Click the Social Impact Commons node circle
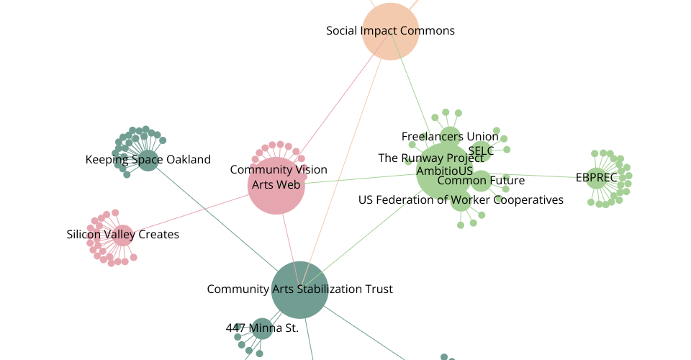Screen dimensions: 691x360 pos(390,31)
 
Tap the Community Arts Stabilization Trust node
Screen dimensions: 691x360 pos(299,290)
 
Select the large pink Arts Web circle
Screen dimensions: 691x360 pos(276,186)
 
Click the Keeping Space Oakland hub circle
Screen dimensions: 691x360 pos(148,161)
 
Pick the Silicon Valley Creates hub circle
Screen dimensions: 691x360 pos(122,235)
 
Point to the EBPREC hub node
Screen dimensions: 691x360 pos(596,179)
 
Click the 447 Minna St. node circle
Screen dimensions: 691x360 pos(262,329)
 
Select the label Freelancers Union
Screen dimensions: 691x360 pos(450,137)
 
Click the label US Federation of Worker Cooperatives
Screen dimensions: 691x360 pos(461,200)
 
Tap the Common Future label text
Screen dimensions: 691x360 pos(481,181)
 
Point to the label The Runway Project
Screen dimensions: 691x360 pos(431,158)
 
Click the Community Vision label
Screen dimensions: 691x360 pos(279,170)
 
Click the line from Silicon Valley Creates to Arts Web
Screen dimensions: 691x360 pos(191,213)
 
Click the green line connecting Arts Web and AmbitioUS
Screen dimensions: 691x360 pos(361,179)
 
